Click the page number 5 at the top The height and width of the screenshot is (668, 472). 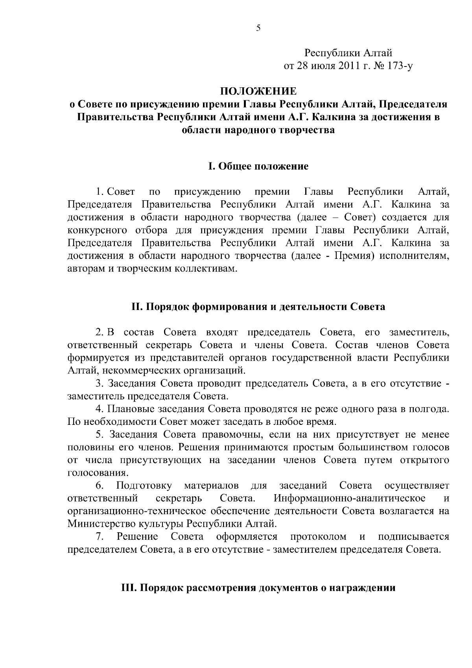[x=258, y=28]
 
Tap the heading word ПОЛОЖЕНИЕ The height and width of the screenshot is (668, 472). [x=258, y=92]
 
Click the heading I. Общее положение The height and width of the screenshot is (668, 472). [x=258, y=166]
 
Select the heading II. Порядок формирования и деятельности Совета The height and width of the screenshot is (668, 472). [x=258, y=306]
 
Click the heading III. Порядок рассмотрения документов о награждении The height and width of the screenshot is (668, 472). [x=258, y=588]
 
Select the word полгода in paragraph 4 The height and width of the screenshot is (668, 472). [x=429, y=409]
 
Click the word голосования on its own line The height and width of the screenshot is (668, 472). [x=92, y=472]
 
